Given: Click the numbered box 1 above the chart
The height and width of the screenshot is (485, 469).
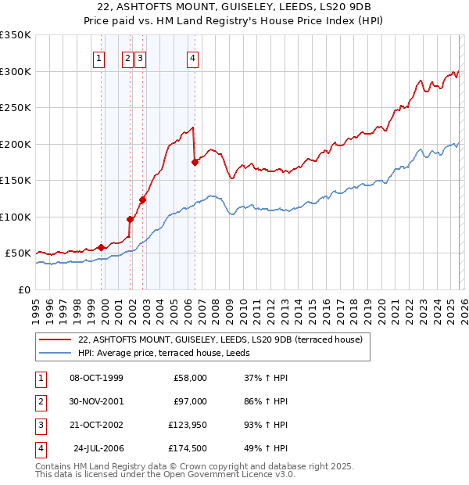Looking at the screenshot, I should (99, 57).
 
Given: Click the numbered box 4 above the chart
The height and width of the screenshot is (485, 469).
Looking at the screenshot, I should (192, 57).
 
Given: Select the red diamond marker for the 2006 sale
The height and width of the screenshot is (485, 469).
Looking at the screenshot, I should (195, 162).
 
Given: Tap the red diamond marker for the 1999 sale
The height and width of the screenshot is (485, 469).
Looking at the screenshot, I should (102, 247).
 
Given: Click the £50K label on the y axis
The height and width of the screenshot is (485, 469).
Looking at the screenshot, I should (18, 253).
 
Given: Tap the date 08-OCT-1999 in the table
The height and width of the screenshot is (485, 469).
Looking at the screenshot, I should (96, 378).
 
